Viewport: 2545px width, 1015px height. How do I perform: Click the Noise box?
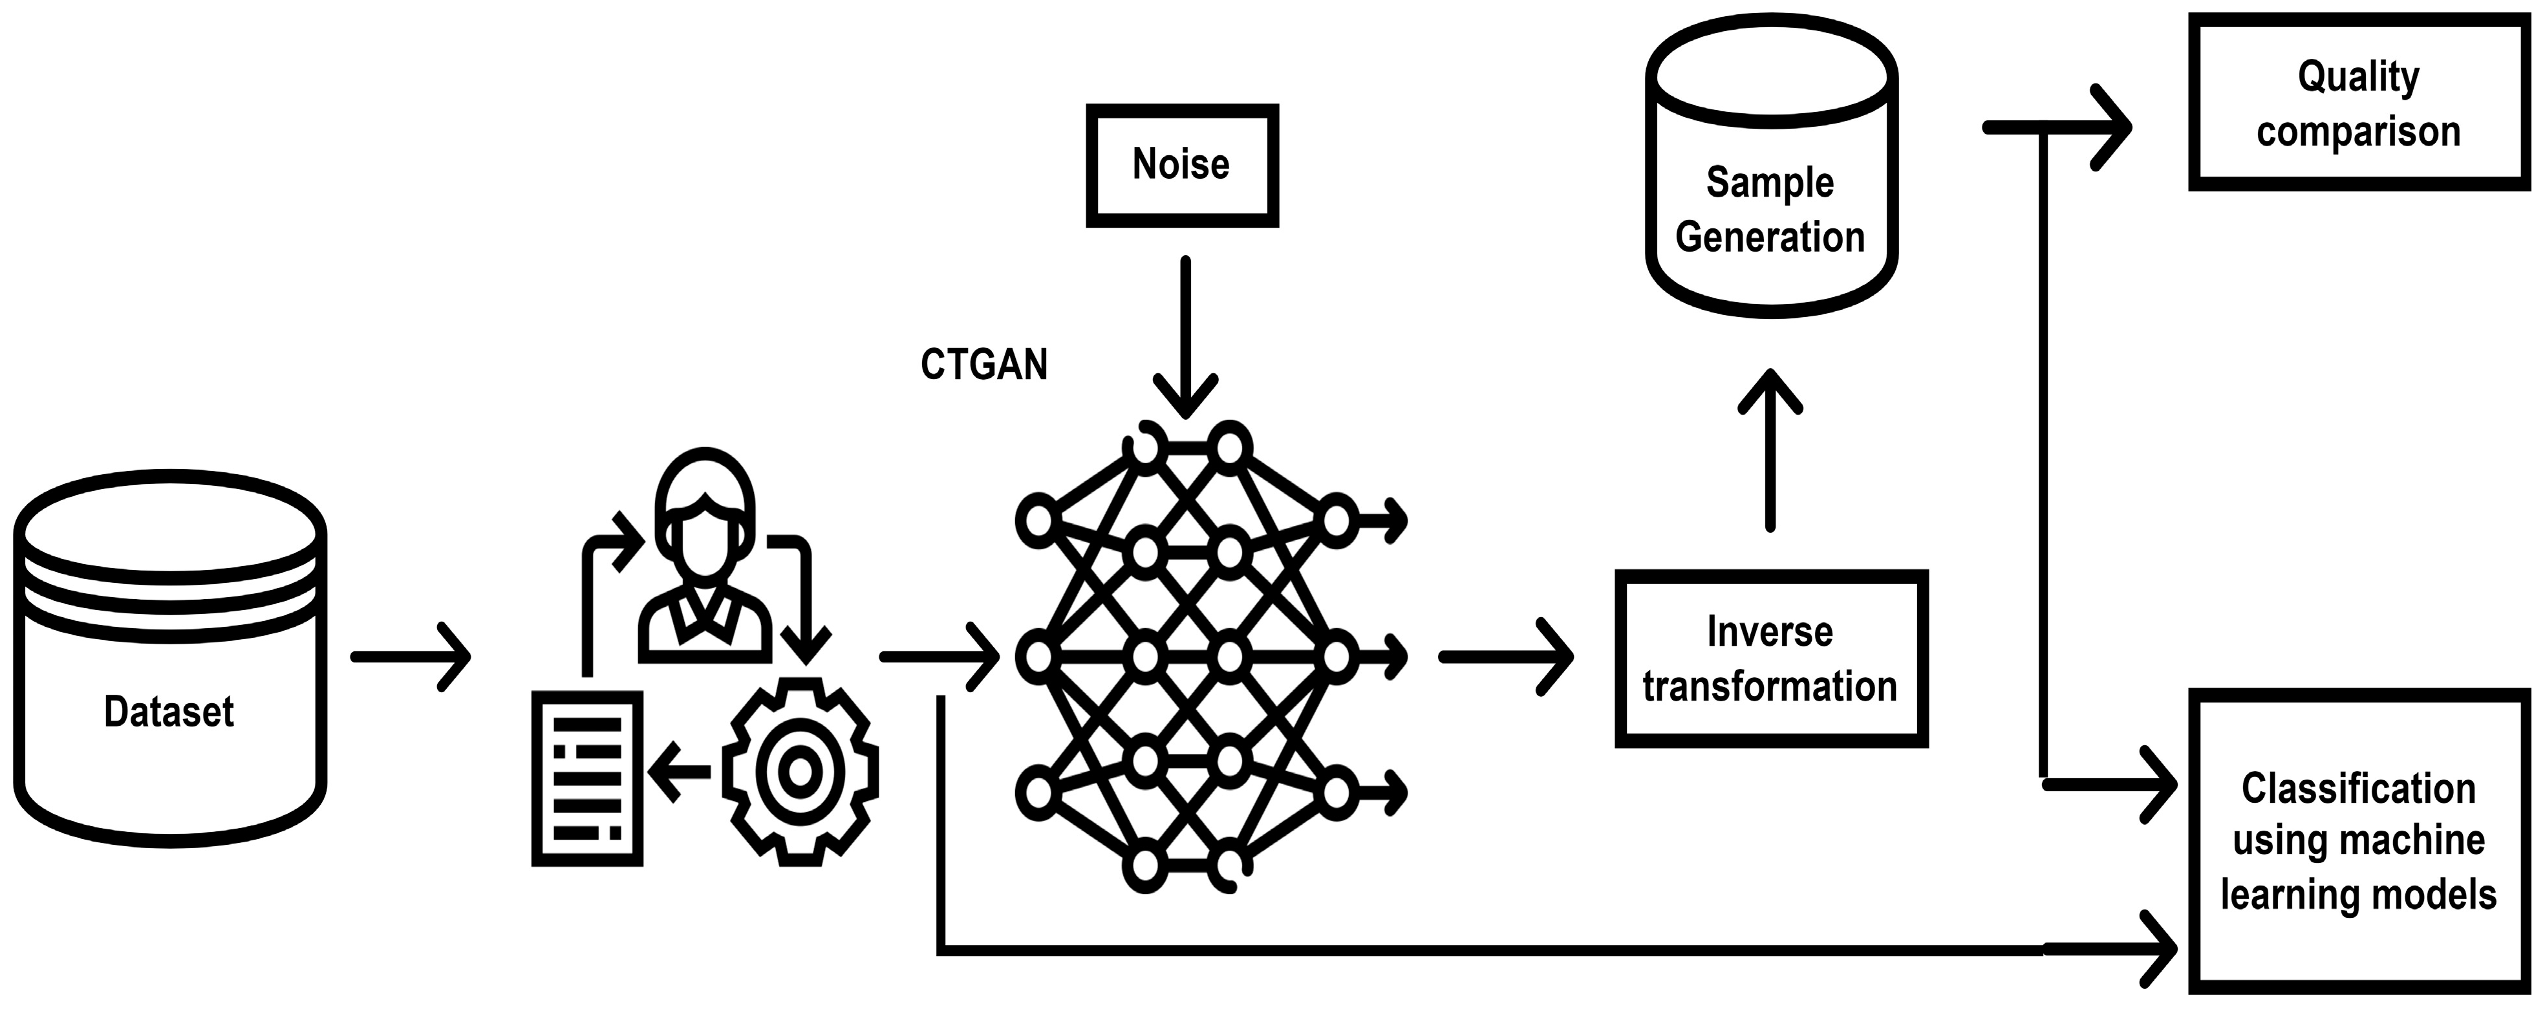tap(1181, 165)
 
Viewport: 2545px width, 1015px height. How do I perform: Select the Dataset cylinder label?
tap(169, 712)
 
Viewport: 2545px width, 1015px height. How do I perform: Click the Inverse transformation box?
tap(1770, 658)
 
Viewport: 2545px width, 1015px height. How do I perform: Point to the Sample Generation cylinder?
tap(1770, 168)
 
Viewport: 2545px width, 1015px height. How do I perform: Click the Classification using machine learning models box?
tap(2358, 841)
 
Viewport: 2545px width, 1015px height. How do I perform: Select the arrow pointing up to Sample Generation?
tap(1770, 450)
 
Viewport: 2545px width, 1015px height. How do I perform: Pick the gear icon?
tap(800, 772)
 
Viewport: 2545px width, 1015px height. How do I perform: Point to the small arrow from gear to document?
tap(680, 772)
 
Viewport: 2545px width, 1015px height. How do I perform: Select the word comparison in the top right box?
tap(2358, 131)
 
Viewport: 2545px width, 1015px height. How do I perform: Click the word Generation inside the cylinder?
tap(1770, 237)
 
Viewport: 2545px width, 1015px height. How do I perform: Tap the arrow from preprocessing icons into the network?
tap(940, 656)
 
